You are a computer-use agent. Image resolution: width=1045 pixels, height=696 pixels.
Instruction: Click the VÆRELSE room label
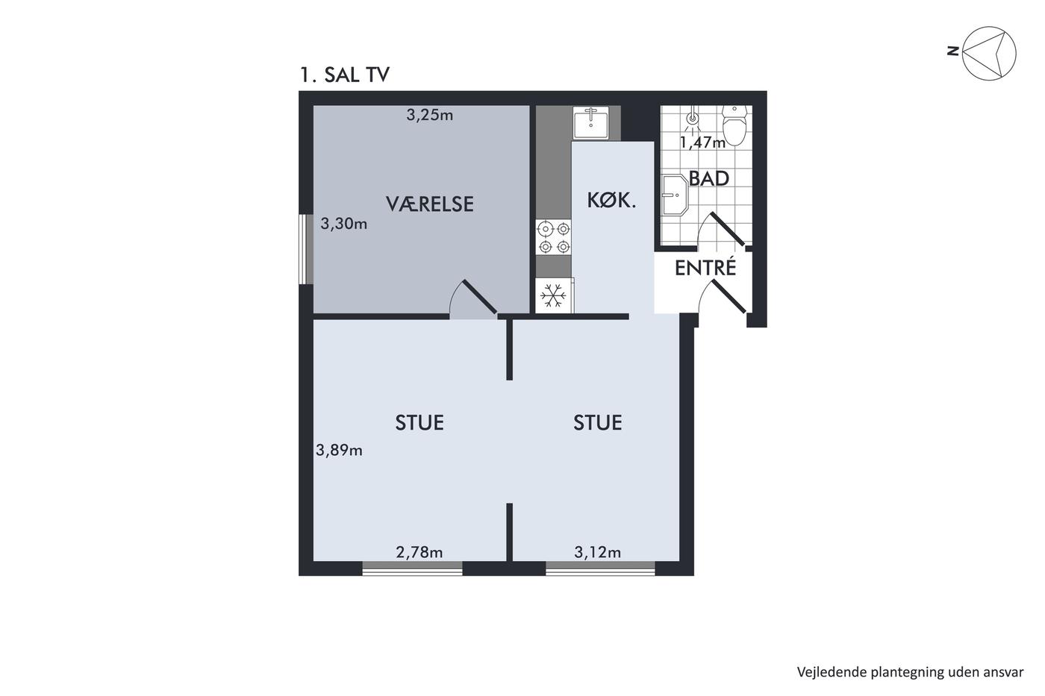coord(430,204)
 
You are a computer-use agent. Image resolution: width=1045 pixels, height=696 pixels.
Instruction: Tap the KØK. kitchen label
coord(611,201)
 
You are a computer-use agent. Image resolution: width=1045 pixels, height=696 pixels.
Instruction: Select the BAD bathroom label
coord(708,178)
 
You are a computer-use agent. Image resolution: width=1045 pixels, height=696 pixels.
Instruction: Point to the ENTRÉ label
coord(705,268)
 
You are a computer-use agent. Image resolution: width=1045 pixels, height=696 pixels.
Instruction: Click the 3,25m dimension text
coord(430,115)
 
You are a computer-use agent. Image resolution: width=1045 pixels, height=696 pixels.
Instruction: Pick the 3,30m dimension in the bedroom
coord(344,224)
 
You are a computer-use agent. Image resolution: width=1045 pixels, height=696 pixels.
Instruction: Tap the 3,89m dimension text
coord(339,450)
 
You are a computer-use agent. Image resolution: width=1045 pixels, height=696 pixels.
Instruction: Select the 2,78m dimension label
coord(419,553)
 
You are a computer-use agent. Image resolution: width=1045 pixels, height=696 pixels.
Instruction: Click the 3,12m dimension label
coord(598,553)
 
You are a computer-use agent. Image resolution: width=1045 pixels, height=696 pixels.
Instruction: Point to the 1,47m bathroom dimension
coord(702,142)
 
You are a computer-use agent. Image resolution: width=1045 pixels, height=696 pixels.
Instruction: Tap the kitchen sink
coord(590,122)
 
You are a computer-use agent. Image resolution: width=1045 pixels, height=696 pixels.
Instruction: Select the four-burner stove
coord(553,237)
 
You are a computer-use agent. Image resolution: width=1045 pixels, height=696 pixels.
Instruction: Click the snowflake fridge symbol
coord(553,295)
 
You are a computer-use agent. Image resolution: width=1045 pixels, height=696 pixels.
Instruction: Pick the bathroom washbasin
coord(675,195)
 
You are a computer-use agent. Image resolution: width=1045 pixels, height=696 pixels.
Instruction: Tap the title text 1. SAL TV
coord(345,75)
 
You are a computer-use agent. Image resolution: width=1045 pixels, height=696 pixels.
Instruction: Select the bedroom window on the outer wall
coord(305,249)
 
